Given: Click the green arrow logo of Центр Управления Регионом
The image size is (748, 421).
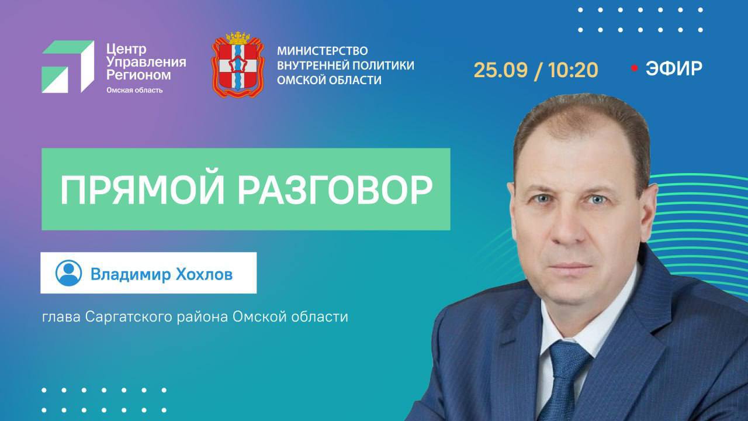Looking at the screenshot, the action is pos(68,67).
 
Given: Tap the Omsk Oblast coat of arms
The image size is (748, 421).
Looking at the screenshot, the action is pos(238,65).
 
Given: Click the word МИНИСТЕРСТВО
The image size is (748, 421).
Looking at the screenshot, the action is pos(322,51).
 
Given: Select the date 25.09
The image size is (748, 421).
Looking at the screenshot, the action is pos(501,70).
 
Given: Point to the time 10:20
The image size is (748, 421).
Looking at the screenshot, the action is pos(573,70).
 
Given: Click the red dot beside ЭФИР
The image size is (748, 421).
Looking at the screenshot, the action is pos(635,68).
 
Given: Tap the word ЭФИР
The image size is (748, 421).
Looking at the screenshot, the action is pos(674,68).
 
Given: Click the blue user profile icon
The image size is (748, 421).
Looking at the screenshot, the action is pos(68,273).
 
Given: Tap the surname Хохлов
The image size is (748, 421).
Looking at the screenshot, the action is pos(204,274).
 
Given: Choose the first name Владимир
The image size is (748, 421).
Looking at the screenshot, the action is pos(130,275).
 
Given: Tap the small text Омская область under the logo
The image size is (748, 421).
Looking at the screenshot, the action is pos(134,90).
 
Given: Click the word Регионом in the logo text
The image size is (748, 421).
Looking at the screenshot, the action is pos(138,75).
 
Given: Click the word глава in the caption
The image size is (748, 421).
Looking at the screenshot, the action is pos(61,317).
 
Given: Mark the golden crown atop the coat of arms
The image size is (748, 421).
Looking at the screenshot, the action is pos(238,38).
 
